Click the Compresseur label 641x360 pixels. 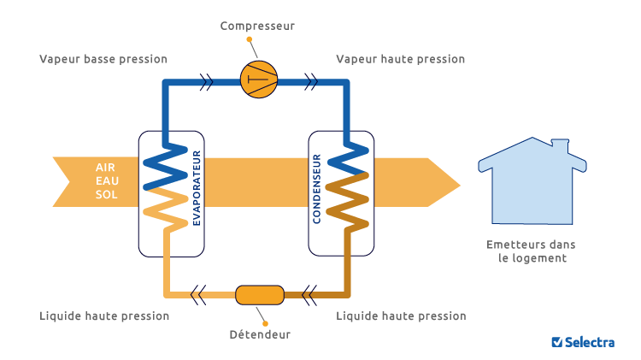257,27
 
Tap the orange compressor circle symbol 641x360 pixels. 259,80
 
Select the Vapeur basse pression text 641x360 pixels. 103,59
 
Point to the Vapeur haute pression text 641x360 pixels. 400,59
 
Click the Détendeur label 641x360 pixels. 260,334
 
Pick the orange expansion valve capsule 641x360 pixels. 260,295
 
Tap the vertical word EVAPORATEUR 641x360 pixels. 197,188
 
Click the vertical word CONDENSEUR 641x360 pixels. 316,189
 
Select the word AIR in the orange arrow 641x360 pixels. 105,168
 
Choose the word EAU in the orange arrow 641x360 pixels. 107,180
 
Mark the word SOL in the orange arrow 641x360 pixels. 106,195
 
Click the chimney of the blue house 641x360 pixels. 560,145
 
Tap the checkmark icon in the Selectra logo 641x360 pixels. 556,342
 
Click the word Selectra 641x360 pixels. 590,342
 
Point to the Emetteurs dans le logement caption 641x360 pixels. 531,251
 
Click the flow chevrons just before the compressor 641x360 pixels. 207,82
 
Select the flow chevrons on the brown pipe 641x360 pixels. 309,295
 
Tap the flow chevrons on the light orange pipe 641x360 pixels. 198,295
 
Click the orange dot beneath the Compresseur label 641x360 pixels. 250,39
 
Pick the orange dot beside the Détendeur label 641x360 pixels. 265,323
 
